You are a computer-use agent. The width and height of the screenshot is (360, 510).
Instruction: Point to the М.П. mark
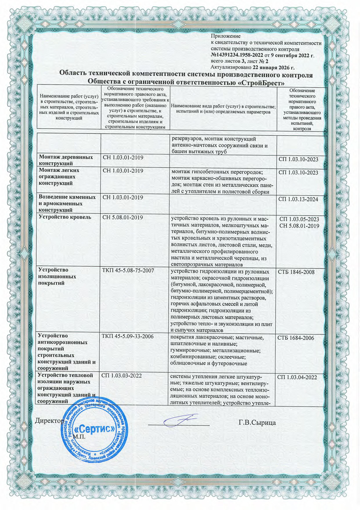pos(79,436)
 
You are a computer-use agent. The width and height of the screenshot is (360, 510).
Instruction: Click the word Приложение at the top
pos(226,36)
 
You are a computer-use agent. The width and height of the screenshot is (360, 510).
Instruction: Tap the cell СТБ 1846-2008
pos(296,272)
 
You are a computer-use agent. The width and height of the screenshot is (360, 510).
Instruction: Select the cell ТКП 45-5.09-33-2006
pos(128,337)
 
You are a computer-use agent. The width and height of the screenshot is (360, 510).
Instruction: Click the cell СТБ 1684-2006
pos(296,338)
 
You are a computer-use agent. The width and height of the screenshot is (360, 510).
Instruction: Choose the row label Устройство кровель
pos(65,217)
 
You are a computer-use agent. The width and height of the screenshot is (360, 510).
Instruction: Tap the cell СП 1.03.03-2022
pos(121,376)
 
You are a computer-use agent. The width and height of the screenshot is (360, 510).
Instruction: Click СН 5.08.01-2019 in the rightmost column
pos(299,226)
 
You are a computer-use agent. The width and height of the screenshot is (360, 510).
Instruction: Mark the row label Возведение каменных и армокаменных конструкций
pos(67,203)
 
